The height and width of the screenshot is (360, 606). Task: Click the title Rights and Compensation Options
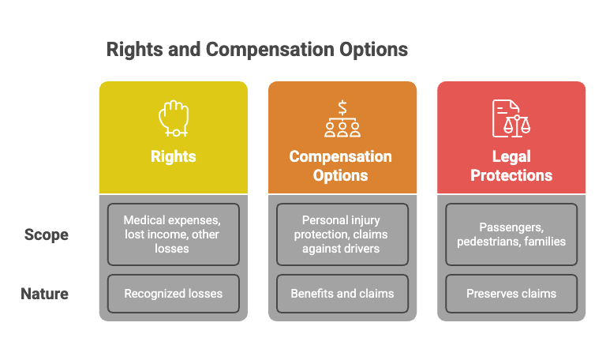click(257, 50)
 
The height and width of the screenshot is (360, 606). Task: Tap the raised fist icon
click(174, 118)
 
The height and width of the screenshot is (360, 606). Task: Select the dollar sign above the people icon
click(342, 107)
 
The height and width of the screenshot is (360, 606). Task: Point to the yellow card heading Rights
click(174, 156)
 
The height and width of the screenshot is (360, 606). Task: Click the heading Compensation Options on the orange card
click(341, 166)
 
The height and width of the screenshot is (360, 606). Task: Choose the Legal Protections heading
click(511, 166)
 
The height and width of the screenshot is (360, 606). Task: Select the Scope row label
click(47, 234)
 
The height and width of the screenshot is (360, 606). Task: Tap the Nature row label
click(44, 294)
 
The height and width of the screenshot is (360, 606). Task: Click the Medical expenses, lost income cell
click(174, 234)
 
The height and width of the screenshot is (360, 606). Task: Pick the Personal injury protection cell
click(342, 234)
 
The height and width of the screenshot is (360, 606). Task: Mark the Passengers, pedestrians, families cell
click(511, 234)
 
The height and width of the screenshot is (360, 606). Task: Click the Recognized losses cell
click(174, 294)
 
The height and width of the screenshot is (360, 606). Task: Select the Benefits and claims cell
click(342, 294)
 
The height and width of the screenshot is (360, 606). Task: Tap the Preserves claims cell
click(511, 294)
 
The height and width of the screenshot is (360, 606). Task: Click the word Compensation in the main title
click(270, 50)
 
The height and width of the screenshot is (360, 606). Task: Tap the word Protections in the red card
click(511, 175)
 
